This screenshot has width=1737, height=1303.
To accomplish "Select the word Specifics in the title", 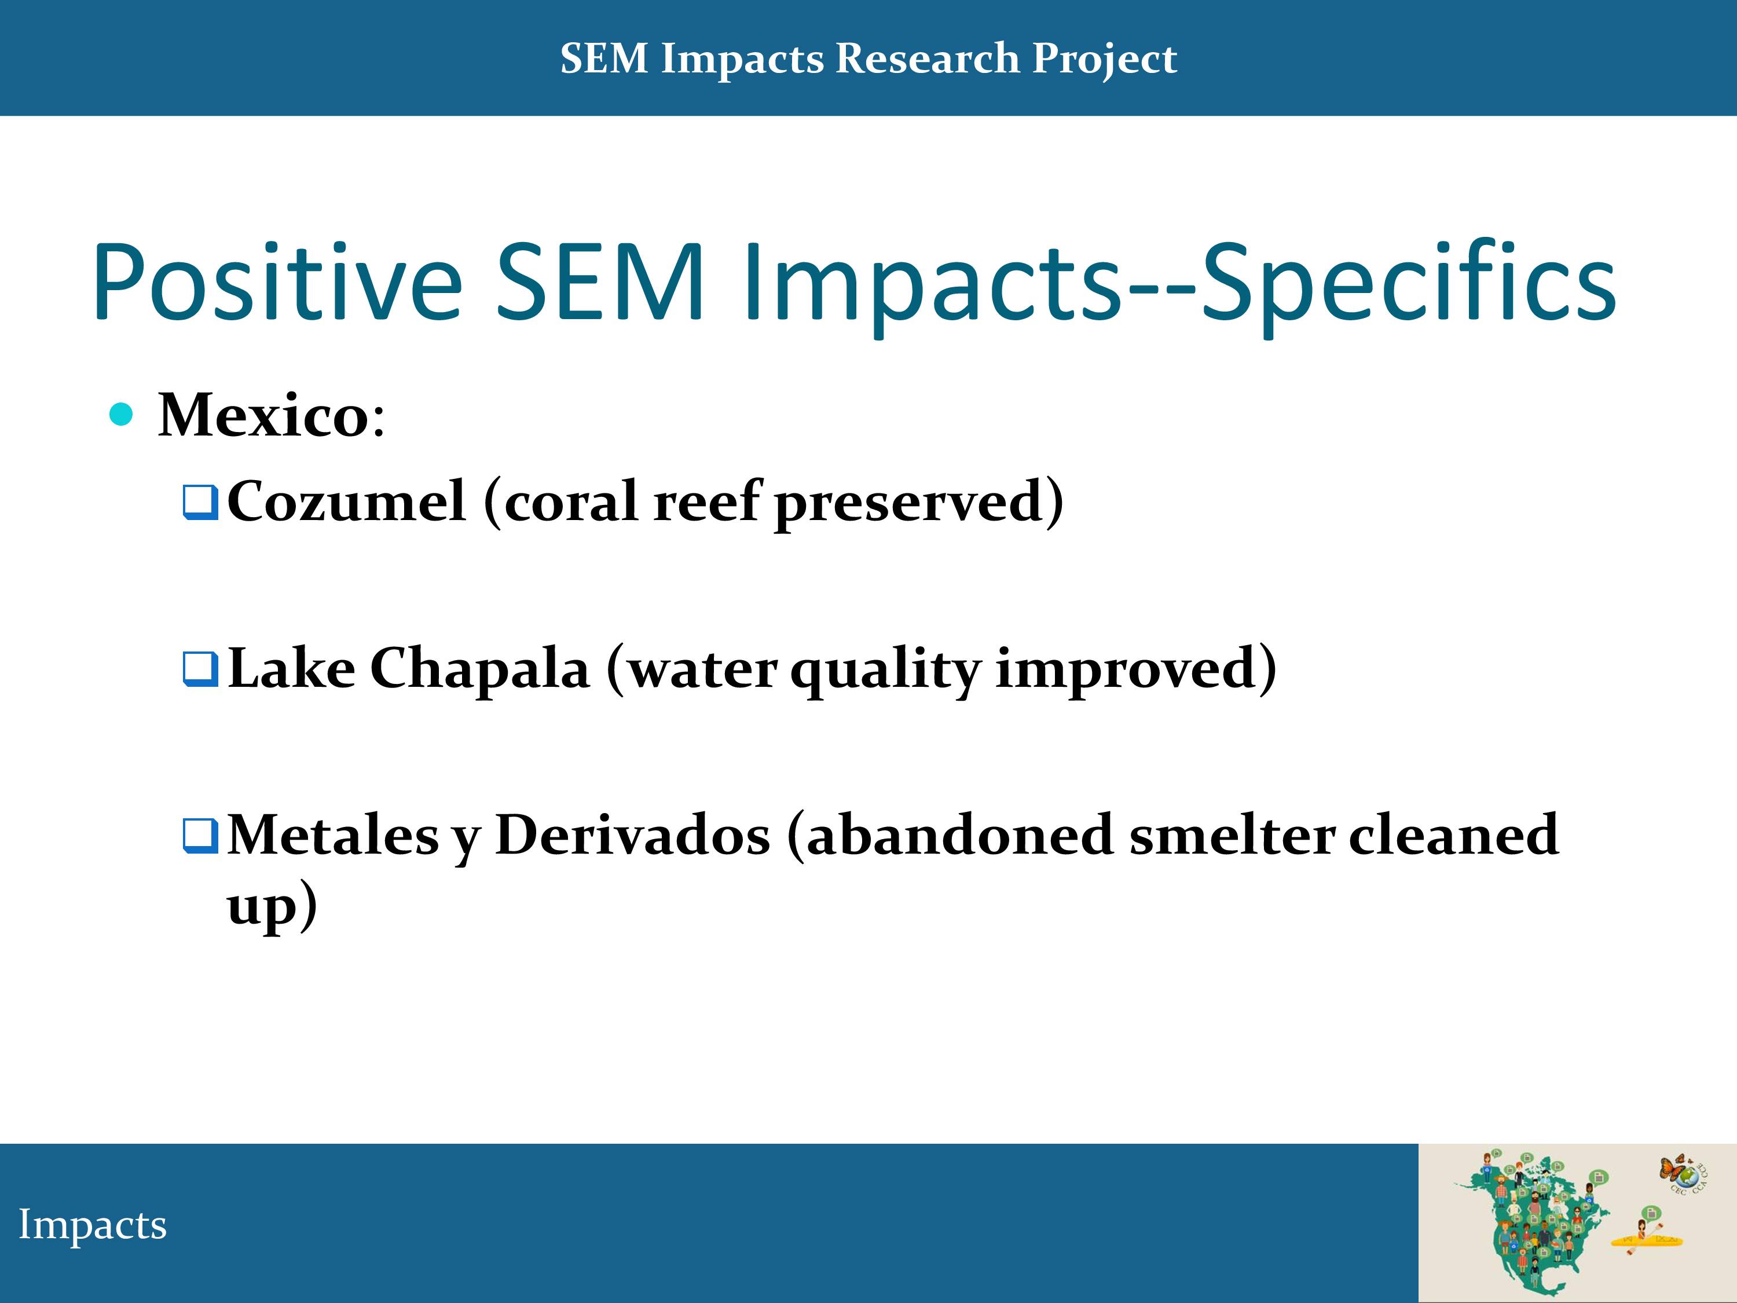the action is pos(1408,283).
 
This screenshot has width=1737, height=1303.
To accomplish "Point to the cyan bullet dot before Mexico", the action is pos(121,414).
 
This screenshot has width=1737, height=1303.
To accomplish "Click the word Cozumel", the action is pos(346,500).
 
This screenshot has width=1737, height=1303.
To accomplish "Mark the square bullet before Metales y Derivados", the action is pos(200,836).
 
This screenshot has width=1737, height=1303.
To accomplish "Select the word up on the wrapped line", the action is pos(262,907).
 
